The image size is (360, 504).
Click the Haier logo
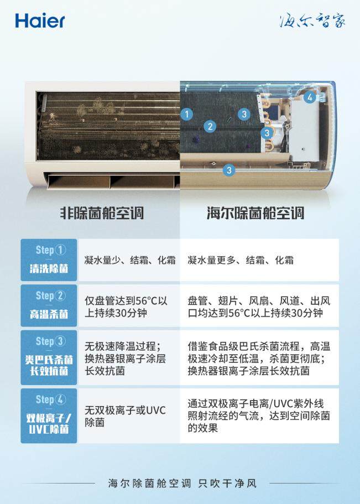pos(40,21)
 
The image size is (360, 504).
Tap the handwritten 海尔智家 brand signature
pos(312,20)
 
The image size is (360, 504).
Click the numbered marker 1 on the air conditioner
pos(187,114)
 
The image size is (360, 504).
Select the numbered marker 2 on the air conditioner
pos(210,126)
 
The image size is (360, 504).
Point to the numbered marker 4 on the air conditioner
pos(310,97)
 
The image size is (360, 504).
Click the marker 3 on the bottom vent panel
pos(229,170)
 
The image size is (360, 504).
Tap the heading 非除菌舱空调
pos(102,213)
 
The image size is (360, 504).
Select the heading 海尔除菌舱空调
pos(255,213)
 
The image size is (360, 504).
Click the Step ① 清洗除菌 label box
pos(49,259)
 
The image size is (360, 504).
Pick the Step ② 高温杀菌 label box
pos(49,305)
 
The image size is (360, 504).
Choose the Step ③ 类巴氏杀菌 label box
pos(49,357)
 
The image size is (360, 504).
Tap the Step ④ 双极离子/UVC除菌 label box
pos(49,415)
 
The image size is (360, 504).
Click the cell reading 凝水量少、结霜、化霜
pos(130,260)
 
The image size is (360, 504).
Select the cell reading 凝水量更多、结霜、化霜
pos(241,260)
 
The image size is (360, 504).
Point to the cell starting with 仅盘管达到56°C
pos(126,306)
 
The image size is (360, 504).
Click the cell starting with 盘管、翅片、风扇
pos(259,306)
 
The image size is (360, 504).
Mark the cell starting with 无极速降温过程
pos(125,358)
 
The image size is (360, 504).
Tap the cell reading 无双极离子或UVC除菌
pos(125,416)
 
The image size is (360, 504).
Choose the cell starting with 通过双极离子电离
pos(259,415)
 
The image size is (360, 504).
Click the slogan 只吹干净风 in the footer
pos(227,483)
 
